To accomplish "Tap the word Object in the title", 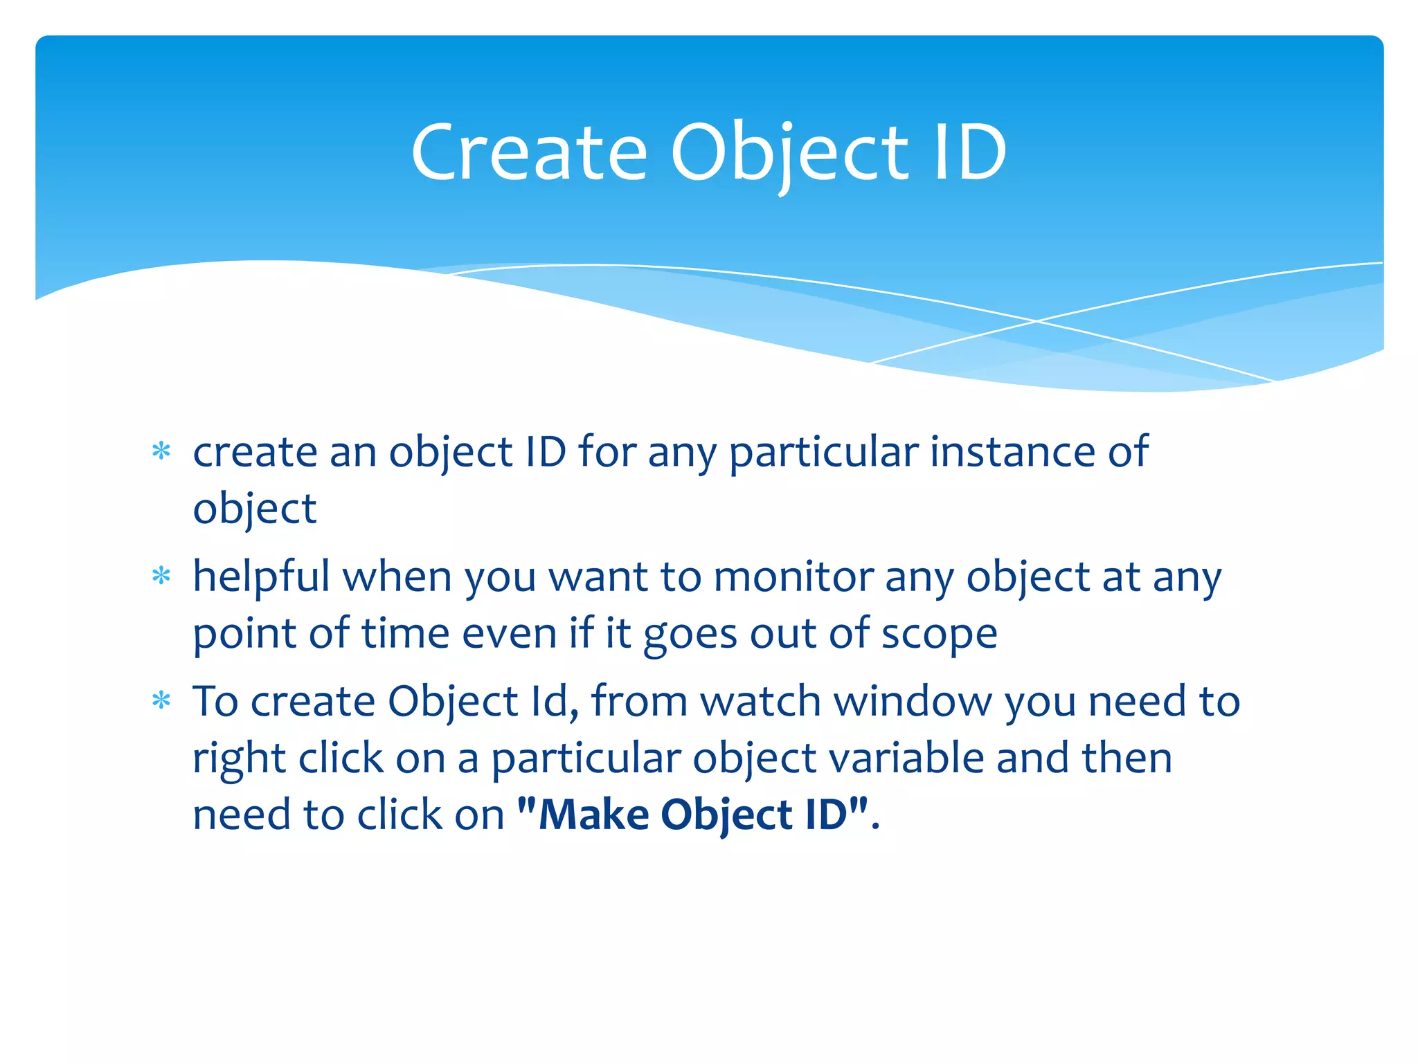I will pos(789,154).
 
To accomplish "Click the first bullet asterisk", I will pos(161,452).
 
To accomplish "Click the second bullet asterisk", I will pos(161,576).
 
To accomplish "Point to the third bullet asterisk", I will pos(161,701).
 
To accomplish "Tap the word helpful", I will pos(261,578).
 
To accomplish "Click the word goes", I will pos(690,635).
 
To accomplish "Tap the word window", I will pos(913,701).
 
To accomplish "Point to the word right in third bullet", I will pos(238,759).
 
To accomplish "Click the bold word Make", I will pos(593,815).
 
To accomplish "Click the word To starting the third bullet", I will pos(215,701).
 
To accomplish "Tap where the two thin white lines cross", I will pos(1036,321).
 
